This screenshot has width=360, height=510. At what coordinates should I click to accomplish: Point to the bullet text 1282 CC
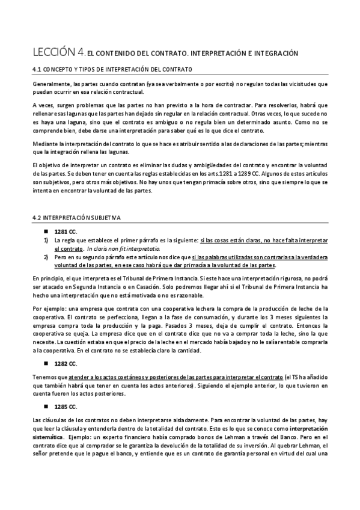coord(66,364)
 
